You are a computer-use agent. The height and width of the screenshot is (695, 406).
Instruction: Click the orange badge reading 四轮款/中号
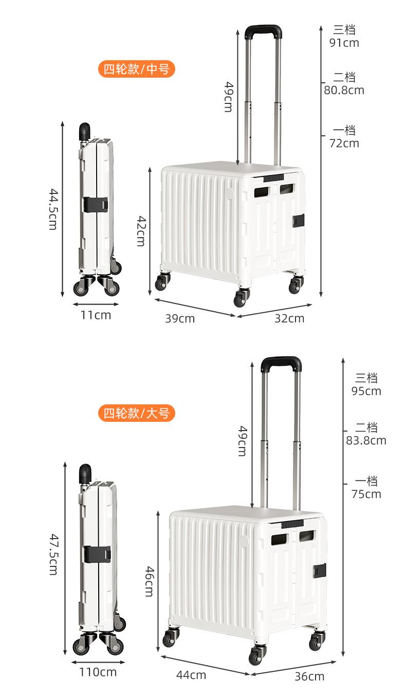(x=136, y=69)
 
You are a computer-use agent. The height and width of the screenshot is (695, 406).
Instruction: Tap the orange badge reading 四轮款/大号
(x=136, y=413)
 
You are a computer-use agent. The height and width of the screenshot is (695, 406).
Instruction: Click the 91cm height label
(x=344, y=43)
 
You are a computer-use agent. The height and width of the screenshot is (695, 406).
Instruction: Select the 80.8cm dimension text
(x=344, y=91)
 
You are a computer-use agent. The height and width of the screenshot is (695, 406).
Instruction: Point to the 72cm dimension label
(x=344, y=143)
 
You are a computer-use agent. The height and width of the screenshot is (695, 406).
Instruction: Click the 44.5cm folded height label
(x=52, y=208)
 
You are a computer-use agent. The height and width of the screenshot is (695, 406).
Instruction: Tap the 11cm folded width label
(x=95, y=315)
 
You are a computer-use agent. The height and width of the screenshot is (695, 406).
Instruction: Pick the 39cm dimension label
(x=179, y=318)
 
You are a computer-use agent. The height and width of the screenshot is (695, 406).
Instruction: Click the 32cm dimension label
(x=289, y=318)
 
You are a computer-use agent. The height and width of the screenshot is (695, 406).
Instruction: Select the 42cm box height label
(x=140, y=230)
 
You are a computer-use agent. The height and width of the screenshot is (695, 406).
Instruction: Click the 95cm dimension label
(x=366, y=391)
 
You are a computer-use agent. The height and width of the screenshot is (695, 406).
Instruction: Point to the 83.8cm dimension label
(x=366, y=440)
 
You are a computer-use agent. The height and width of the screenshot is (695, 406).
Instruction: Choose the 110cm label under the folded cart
(x=98, y=672)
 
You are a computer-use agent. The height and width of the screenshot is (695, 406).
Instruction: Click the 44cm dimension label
(x=191, y=675)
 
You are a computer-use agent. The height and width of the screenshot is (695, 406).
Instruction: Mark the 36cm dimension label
(x=309, y=676)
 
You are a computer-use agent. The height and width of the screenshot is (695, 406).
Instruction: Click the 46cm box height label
(x=149, y=581)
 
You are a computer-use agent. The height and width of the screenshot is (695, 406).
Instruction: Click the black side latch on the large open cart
(x=320, y=570)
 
